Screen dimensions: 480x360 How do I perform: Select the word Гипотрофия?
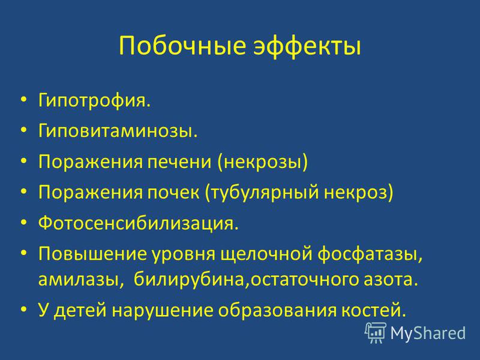94,101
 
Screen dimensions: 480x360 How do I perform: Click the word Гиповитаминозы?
118,131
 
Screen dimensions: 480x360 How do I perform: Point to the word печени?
179,161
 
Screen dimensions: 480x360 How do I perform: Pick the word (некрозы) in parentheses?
263,161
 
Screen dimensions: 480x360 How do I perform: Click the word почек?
173,193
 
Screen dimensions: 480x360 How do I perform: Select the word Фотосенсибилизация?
138,223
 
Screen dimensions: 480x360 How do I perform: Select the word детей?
82,310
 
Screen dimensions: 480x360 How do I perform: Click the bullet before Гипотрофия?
23,100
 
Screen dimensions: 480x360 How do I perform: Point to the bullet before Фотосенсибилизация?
23,223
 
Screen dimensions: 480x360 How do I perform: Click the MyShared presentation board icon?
376,333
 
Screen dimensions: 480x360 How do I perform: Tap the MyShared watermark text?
428,333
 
